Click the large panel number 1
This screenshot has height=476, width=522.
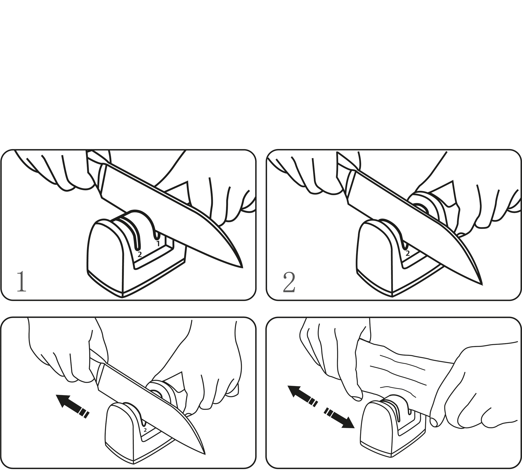21,282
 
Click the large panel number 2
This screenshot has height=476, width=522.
289,282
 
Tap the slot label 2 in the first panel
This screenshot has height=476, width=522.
139,254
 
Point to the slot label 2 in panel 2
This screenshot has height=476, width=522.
408,253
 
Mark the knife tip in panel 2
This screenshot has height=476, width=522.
482,284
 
